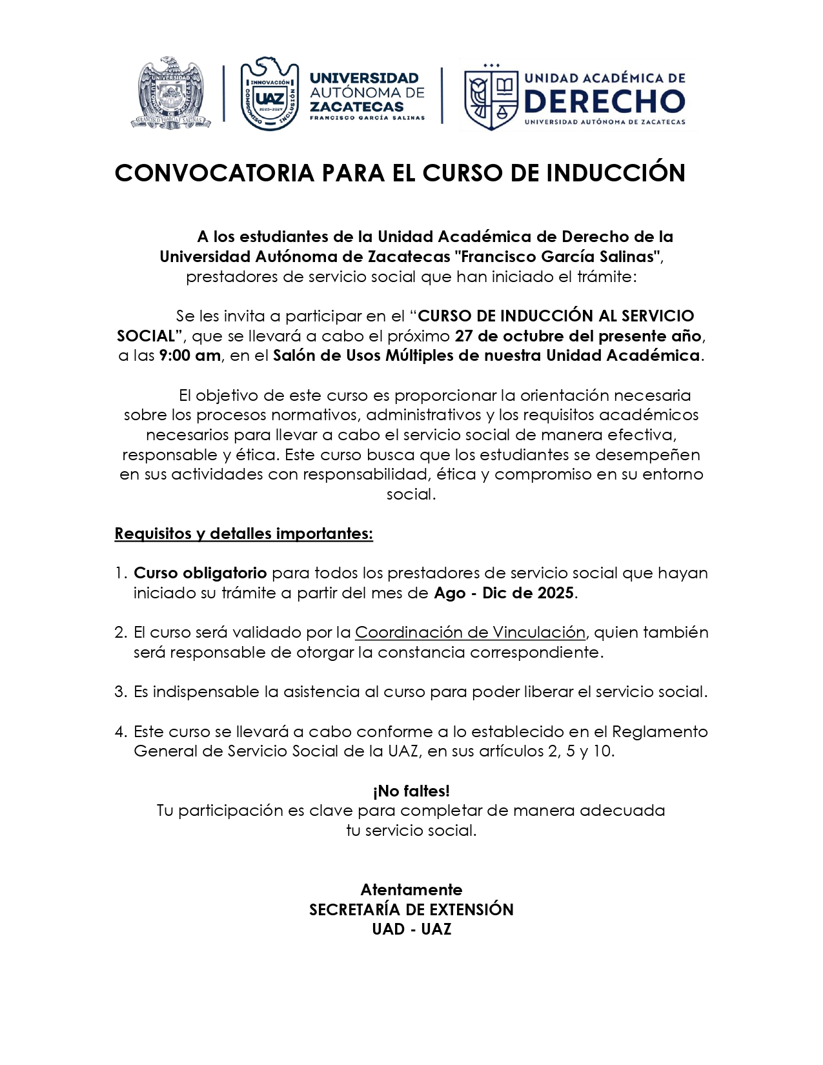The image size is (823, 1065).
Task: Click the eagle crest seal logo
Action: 171,93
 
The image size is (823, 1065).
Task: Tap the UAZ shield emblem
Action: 269,94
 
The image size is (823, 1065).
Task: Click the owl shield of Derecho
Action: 491,96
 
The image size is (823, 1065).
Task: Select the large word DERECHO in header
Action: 604,101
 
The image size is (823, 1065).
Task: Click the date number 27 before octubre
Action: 463,336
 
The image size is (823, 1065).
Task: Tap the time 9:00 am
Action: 189,356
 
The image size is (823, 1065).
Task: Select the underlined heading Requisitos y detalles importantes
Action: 243,534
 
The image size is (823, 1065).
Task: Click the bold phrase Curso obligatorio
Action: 199,573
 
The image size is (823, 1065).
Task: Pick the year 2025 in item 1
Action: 555,593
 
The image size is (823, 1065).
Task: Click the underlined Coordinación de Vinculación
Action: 470,633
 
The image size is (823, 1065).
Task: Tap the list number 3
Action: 120,692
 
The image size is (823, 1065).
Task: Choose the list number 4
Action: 120,732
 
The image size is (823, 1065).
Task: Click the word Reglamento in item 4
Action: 660,732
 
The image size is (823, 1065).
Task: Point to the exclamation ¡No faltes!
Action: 411,791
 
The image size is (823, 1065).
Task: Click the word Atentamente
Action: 411,890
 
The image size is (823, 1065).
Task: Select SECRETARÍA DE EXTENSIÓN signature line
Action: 411,910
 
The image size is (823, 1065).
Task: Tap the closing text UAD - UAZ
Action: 411,929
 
